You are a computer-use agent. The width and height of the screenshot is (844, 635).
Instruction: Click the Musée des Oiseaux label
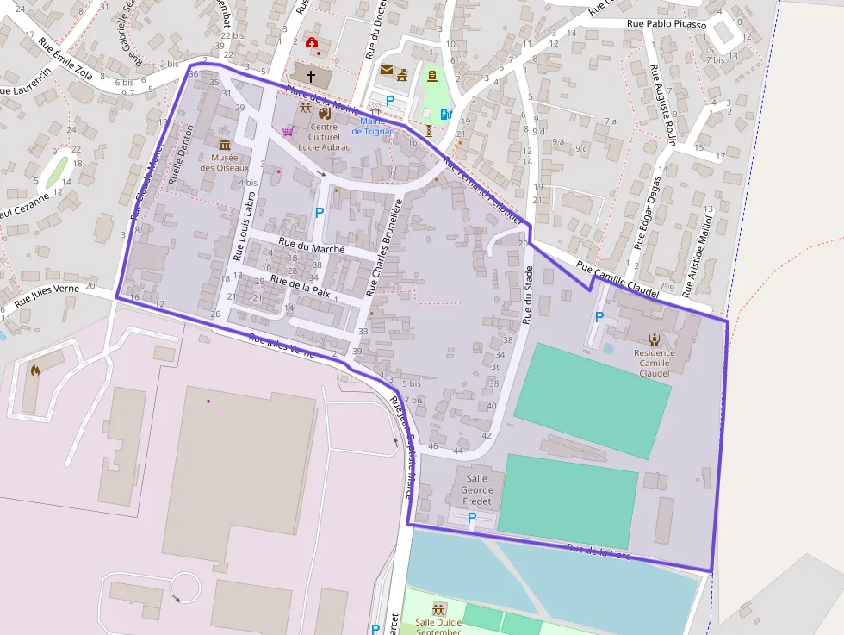pyautogui.click(x=225, y=162)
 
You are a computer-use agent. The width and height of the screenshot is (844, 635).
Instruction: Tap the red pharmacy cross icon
pyautogui.click(x=311, y=42)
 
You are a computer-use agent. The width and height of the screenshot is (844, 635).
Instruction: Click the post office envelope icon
pyautogui.click(x=386, y=70)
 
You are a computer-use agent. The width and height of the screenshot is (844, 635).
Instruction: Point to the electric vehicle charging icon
pyautogui.click(x=445, y=114)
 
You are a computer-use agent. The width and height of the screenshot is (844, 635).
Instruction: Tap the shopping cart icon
pyautogui.click(x=288, y=131)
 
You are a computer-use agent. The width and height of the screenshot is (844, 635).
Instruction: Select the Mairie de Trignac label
pyautogui.click(x=372, y=126)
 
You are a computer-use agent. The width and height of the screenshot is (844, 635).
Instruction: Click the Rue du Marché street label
pyautogui.click(x=312, y=247)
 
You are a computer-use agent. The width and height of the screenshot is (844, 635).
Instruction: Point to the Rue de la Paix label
pyautogui.click(x=300, y=285)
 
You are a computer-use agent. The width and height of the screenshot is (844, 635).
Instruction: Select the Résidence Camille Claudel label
pyautogui.click(x=654, y=363)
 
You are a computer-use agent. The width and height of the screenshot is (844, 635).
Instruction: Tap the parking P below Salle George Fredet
pyautogui.click(x=471, y=518)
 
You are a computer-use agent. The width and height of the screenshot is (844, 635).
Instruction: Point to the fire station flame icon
pyautogui.click(x=35, y=370)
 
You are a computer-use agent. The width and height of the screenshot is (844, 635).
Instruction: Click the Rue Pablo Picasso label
pyautogui.click(x=667, y=25)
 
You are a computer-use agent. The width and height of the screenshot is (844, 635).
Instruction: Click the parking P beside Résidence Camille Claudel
pyautogui.click(x=599, y=317)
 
